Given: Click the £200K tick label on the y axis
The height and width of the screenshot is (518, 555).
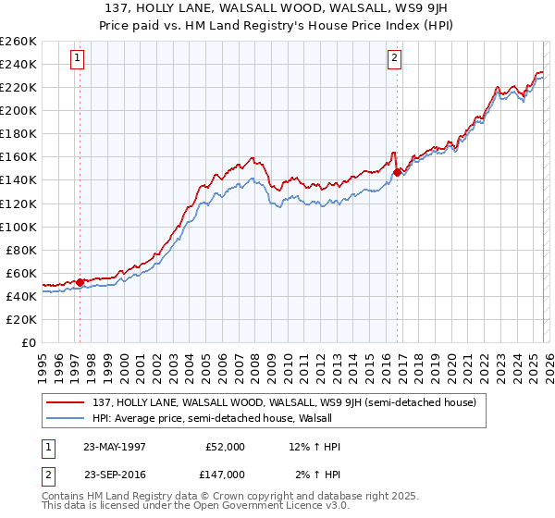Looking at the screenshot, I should pyautogui.click(x=18, y=110).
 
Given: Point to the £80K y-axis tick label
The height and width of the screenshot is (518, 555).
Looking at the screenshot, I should pyautogui.click(x=20, y=250).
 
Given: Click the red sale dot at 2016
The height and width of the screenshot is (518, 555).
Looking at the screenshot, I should pyautogui.click(x=397, y=171).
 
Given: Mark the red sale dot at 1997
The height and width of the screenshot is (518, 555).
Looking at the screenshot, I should pyautogui.click(x=80, y=282).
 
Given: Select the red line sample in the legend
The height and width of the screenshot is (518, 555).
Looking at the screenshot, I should pyautogui.click(x=66, y=402).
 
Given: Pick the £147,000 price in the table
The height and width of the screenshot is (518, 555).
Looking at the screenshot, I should pyautogui.click(x=226, y=474).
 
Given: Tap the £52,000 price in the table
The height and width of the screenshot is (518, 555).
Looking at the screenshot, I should pyautogui.click(x=226, y=447).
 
